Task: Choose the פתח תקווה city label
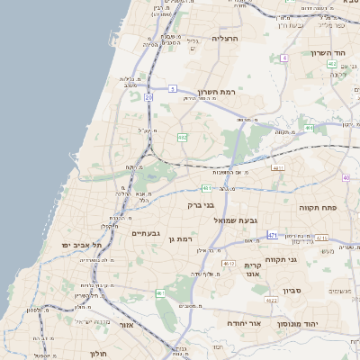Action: pyautogui.click(x=319, y=207)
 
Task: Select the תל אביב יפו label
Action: pyautogui.click(x=83, y=245)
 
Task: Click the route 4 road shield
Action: pyautogui.click(x=283, y=58)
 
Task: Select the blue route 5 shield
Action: pyautogui.click(x=172, y=89)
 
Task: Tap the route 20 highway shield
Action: pyautogui.click(x=148, y=96)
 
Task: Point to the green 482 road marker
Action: pyautogui.click(x=182, y=137)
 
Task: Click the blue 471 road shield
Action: pyautogui.click(x=273, y=236)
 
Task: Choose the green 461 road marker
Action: pyautogui.click(x=160, y=293)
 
